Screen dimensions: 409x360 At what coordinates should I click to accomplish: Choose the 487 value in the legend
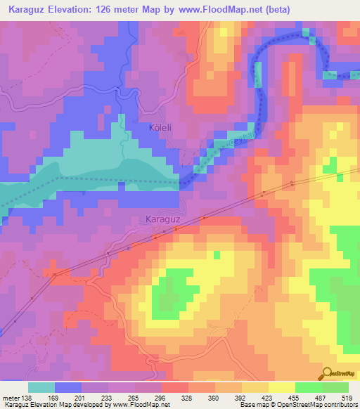click(x=323, y=397)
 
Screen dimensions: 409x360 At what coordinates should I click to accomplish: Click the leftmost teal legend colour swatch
click(x=41, y=387)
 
